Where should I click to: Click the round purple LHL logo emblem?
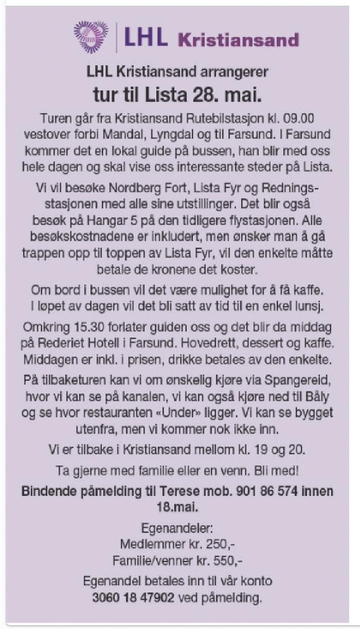(x=91, y=36)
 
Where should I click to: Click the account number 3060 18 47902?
(x=133, y=598)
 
